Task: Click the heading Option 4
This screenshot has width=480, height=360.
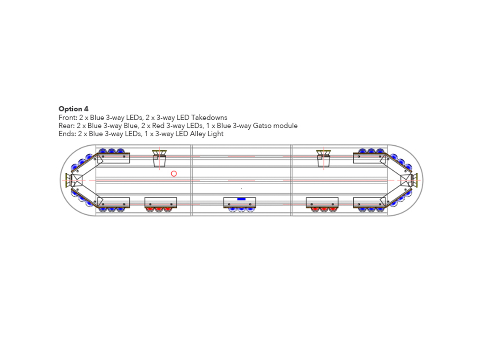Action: (73, 109)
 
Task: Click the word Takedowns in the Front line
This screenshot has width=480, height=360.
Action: (209, 118)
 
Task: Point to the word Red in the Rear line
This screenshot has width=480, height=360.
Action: (158, 126)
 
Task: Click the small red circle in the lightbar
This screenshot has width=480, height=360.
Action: (174, 174)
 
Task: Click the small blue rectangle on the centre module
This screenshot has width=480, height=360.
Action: (241, 199)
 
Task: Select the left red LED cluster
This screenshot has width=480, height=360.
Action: (159, 209)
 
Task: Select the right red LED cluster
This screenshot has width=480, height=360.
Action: (324, 209)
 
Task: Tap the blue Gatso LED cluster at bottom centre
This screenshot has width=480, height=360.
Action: (241, 209)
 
